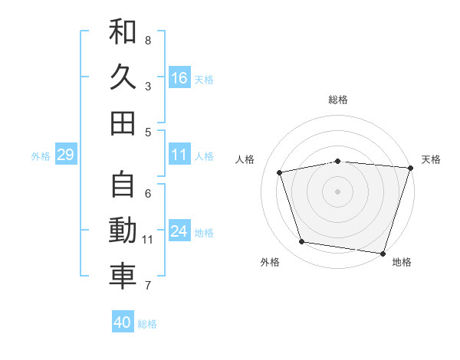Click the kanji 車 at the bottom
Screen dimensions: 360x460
pyautogui.click(x=123, y=277)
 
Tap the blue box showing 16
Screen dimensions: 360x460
pyautogui.click(x=179, y=77)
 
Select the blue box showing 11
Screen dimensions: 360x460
pyautogui.click(x=179, y=155)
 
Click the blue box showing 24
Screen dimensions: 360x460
pyautogui.click(x=179, y=231)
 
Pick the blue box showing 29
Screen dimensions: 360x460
pyautogui.click(x=65, y=155)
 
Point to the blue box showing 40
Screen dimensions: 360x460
pyautogui.click(x=123, y=322)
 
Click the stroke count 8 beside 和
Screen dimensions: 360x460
pyautogui.click(x=148, y=40)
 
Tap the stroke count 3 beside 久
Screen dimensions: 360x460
pyautogui.click(x=148, y=86)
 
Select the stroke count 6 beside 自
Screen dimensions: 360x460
pyautogui.click(x=148, y=193)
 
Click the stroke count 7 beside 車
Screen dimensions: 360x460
pyautogui.click(x=148, y=286)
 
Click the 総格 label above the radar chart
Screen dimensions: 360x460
pyautogui.click(x=337, y=100)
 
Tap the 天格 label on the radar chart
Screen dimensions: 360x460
pyautogui.click(x=431, y=159)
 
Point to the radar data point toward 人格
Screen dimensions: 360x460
pyautogui.click(x=280, y=172)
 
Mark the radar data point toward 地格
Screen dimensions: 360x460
pyautogui.click(x=383, y=253)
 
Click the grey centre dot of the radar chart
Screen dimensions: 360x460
pyautogui.click(x=337, y=191)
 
